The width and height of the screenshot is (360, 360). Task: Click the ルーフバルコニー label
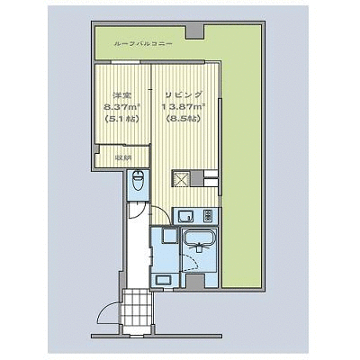[x=143, y=44]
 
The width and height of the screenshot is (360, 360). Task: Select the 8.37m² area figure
[x=122, y=107]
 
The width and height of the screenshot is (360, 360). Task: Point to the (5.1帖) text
[x=122, y=119]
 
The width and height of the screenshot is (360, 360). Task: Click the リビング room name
[x=184, y=94]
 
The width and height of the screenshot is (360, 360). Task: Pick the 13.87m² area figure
[x=184, y=107]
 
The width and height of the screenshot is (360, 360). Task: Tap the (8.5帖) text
[x=184, y=119]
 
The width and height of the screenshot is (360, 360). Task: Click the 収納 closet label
[x=121, y=157]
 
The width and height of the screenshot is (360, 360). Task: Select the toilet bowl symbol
[x=139, y=181]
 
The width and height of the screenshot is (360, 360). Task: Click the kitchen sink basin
[x=186, y=216]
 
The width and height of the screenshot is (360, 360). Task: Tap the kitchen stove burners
[x=208, y=216]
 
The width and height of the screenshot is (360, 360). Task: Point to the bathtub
[x=200, y=237]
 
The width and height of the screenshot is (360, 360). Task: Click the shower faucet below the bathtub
[x=198, y=247]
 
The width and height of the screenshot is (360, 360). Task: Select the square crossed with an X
[x=182, y=179]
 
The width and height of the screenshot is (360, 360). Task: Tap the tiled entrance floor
[x=138, y=310]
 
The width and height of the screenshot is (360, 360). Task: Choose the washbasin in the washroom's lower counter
[x=164, y=281]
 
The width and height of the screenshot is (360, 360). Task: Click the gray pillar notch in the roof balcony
[x=194, y=31]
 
